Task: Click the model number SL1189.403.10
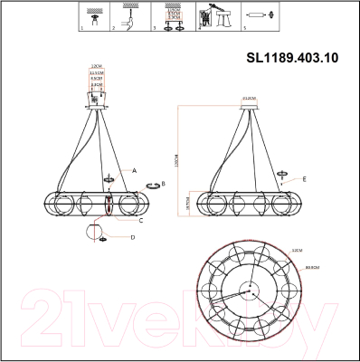tap(293, 57)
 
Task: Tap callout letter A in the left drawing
tap(134, 169)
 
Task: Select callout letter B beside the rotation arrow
tap(162, 184)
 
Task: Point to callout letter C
tap(140, 220)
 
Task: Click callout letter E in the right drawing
tap(304, 179)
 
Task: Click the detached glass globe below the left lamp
tap(94, 231)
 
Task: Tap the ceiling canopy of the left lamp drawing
tap(95, 108)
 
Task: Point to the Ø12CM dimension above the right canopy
tap(251, 95)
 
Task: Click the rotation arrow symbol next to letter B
tap(152, 184)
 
